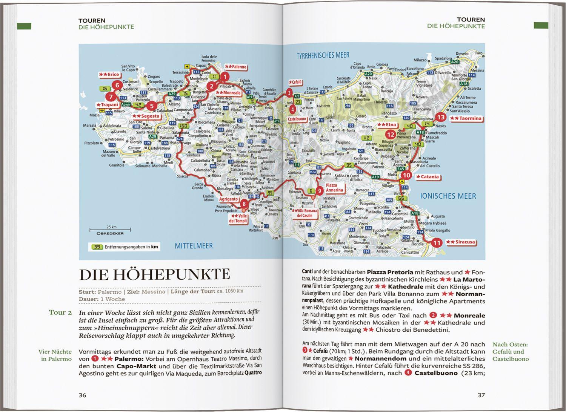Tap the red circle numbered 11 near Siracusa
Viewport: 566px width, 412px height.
point(437,243)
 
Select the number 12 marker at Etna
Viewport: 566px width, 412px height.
point(390,135)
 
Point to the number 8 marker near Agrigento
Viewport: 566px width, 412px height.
point(244,204)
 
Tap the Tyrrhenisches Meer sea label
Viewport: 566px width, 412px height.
point(323,55)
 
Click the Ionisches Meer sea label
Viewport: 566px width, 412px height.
point(448,196)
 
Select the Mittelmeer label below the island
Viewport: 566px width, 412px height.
point(194,246)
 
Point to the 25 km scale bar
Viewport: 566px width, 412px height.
point(110,229)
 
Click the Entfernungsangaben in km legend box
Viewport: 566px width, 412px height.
point(125,247)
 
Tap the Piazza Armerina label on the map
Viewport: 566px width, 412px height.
point(334,188)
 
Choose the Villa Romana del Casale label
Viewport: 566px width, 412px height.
point(304,213)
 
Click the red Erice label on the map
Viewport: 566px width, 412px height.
point(109,75)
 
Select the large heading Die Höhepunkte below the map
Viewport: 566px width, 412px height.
point(154,274)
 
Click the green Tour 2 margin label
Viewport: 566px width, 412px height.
point(60,312)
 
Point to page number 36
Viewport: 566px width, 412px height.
point(82,395)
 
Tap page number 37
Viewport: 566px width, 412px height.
point(481,395)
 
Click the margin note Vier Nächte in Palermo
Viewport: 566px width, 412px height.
point(55,355)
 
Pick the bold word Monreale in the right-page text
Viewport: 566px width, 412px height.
point(469,316)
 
